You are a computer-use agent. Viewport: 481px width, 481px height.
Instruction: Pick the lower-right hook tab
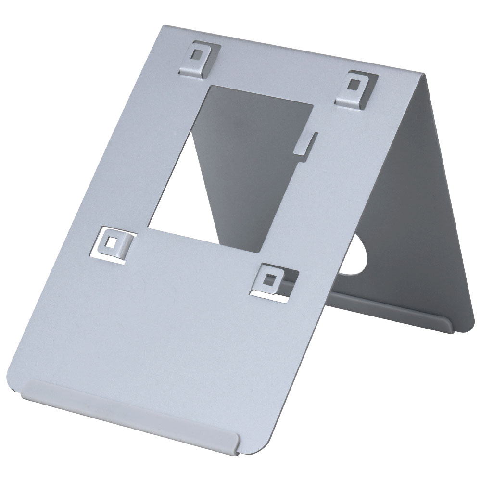272,280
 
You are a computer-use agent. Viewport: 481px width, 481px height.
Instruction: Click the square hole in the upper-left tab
197,53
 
